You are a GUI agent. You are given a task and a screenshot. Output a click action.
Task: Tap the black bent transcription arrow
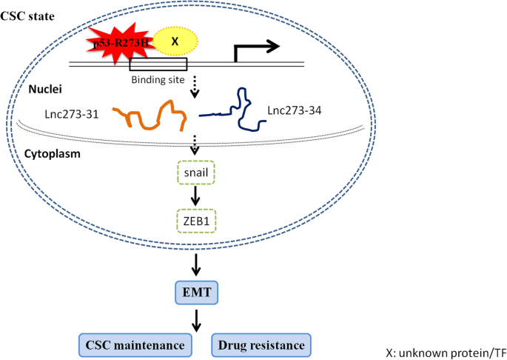[255, 50]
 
